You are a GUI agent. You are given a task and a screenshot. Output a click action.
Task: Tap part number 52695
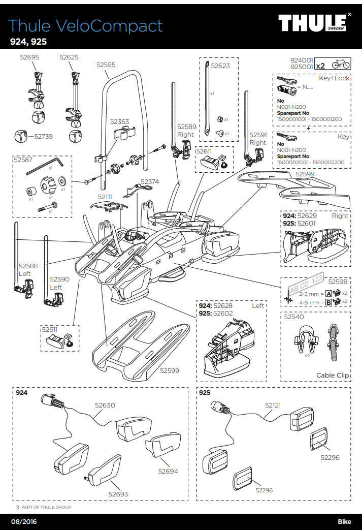[x=29, y=57]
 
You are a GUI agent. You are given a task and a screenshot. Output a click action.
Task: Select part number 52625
[x=69, y=57]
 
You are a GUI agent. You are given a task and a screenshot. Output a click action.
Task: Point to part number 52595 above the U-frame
[x=106, y=65]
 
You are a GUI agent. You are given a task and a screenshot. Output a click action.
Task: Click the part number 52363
[x=120, y=122]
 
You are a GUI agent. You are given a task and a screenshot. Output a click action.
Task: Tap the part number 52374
[x=150, y=181]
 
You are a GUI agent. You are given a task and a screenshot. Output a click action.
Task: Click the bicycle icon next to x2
[x=340, y=65]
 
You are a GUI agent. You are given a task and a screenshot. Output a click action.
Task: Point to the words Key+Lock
[x=334, y=79]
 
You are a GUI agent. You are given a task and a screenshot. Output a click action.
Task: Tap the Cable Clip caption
[x=333, y=376]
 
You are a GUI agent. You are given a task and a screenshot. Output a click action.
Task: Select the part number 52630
[x=105, y=405]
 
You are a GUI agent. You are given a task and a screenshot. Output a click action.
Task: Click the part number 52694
[x=168, y=471]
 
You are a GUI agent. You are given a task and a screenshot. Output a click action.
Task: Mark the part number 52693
[x=118, y=494]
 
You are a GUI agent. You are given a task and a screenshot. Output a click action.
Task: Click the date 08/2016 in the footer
[x=23, y=522]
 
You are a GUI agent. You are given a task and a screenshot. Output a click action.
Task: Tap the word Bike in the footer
[x=344, y=522]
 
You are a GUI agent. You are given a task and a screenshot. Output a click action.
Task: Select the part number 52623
[x=220, y=66]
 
